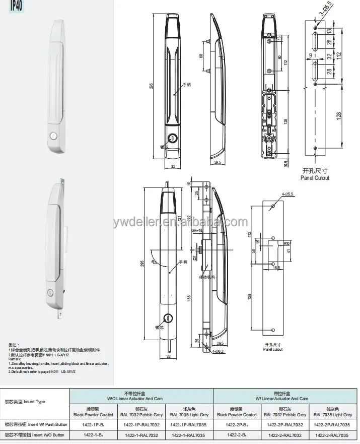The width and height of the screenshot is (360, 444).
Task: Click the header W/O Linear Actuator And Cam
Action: [141, 398]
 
